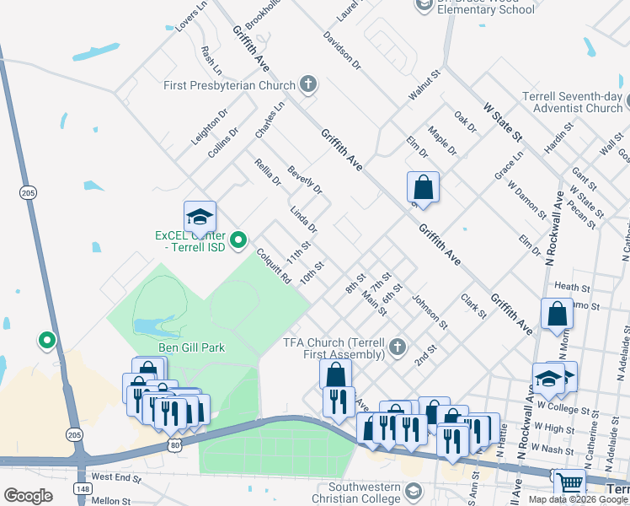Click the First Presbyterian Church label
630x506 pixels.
click(x=229, y=85)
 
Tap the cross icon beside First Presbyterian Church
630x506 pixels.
click(x=308, y=84)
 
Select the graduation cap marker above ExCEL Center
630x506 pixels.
click(x=200, y=218)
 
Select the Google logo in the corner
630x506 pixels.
click(x=28, y=495)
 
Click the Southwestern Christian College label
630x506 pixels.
click(x=352, y=493)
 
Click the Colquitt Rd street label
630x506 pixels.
click(x=274, y=265)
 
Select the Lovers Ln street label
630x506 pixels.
click(x=191, y=17)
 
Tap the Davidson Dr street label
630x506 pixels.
click(x=342, y=50)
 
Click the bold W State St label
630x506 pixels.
click(x=503, y=123)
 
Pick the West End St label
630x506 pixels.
click(x=116, y=477)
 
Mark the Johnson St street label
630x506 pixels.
click(x=430, y=311)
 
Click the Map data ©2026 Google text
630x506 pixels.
click(x=577, y=499)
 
